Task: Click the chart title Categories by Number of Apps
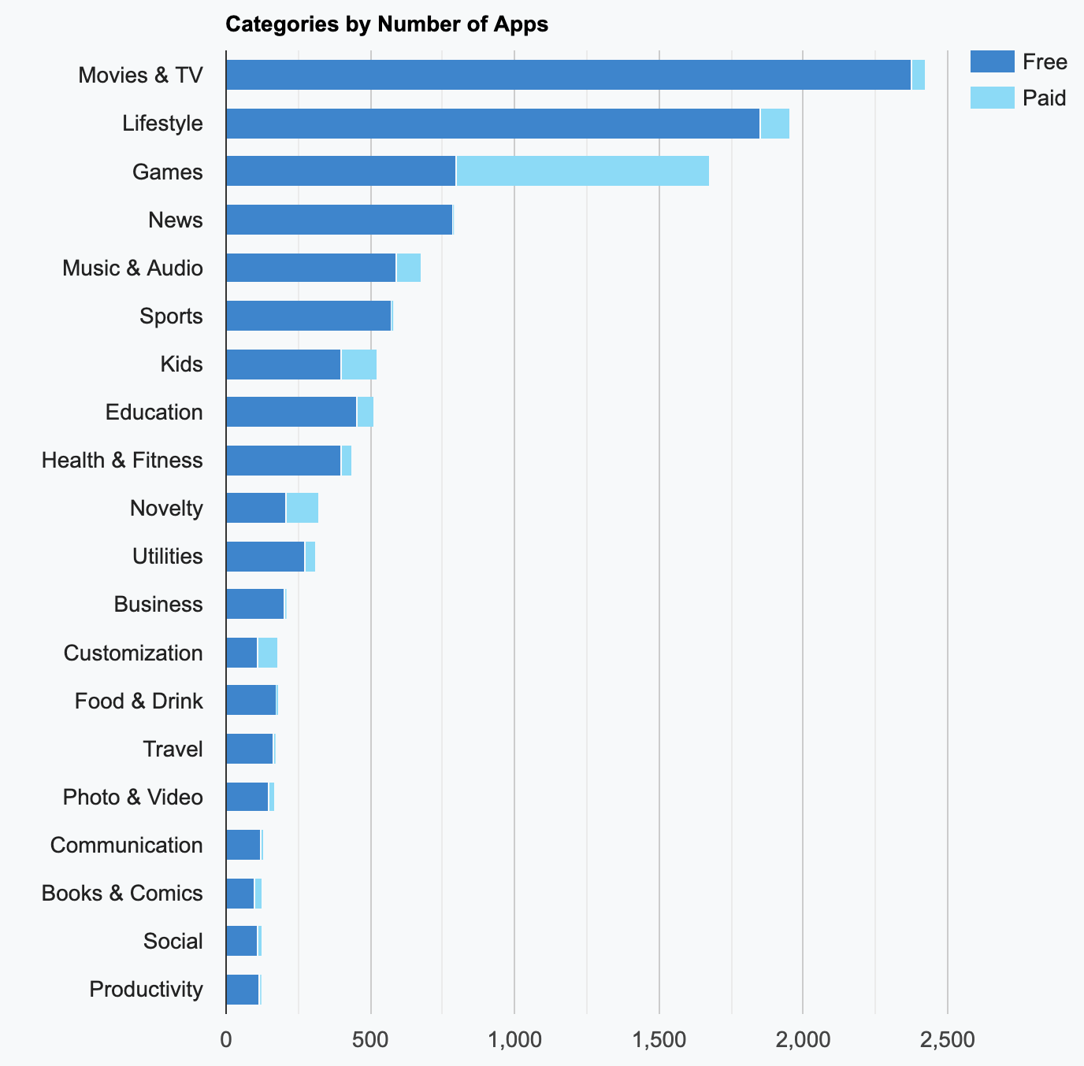(x=386, y=24)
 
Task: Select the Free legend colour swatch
(x=992, y=61)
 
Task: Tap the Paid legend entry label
(x=1044, y=98)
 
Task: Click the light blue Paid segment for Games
(x=582, y=171)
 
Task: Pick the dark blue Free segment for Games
(x=340, y=171)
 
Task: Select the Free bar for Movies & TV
(x=567, y=75)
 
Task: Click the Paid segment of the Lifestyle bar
(x=774, y=124)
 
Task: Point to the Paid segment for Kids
(x=359, y=365)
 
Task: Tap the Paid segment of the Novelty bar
(x=302, y=508)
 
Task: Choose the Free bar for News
(x=339, y=220)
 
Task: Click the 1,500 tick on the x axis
(x=659, y=1040)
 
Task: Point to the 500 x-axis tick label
(x=370, y=1040)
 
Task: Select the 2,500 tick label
(x=947, y=1040)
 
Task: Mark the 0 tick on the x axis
(x=226, y=1040)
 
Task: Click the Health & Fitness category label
(x=122, y=460)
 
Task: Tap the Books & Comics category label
(x=122, y=893)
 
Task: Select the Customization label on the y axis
(x=133, y=653)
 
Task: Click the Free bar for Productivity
(x=242, y=989)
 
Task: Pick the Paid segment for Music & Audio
(x=408, y=268)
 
